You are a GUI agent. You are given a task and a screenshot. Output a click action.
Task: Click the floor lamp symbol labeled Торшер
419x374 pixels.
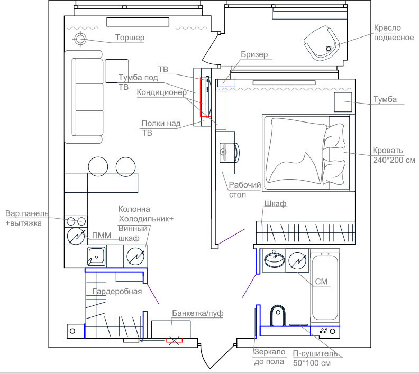(x=80, y=39)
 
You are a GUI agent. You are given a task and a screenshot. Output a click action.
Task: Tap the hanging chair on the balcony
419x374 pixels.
(x=322, y=43)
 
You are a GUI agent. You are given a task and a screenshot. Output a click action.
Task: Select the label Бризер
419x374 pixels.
(x=254, y=54)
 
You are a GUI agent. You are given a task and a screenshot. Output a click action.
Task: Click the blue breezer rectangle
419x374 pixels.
(x=226, y=83)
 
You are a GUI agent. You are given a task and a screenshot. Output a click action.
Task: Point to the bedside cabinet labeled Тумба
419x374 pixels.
(x=343, y=102)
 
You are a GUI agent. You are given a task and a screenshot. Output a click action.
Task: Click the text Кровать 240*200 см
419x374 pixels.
(x=394, y=155)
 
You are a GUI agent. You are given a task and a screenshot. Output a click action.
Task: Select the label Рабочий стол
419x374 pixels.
(x=245, y=190)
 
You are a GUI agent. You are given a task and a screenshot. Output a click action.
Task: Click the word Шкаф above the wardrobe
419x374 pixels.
(x=275, y=203)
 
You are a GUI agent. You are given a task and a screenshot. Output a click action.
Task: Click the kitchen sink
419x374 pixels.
(x=96, y=256)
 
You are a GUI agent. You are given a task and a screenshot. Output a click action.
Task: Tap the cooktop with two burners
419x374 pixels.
(x=76, y=221)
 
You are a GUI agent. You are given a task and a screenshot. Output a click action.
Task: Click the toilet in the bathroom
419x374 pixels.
(x=278, y=315)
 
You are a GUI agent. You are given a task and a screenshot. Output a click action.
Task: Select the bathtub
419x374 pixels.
(x=325, y=287)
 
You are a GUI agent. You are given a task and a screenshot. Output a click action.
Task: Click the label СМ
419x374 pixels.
(x=321, y=282)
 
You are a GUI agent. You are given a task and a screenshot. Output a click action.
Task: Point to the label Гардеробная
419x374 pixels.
(x=117, y=292)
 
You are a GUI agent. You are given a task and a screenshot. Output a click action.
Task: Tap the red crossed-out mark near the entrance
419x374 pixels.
(x=174, y=340)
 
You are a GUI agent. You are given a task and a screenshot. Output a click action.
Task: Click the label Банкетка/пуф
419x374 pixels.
(x=198, y=313)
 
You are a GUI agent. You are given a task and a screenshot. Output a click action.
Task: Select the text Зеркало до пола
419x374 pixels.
(x=270, y=357)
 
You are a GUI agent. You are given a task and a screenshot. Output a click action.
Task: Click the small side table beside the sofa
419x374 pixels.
(x=116, y=71)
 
